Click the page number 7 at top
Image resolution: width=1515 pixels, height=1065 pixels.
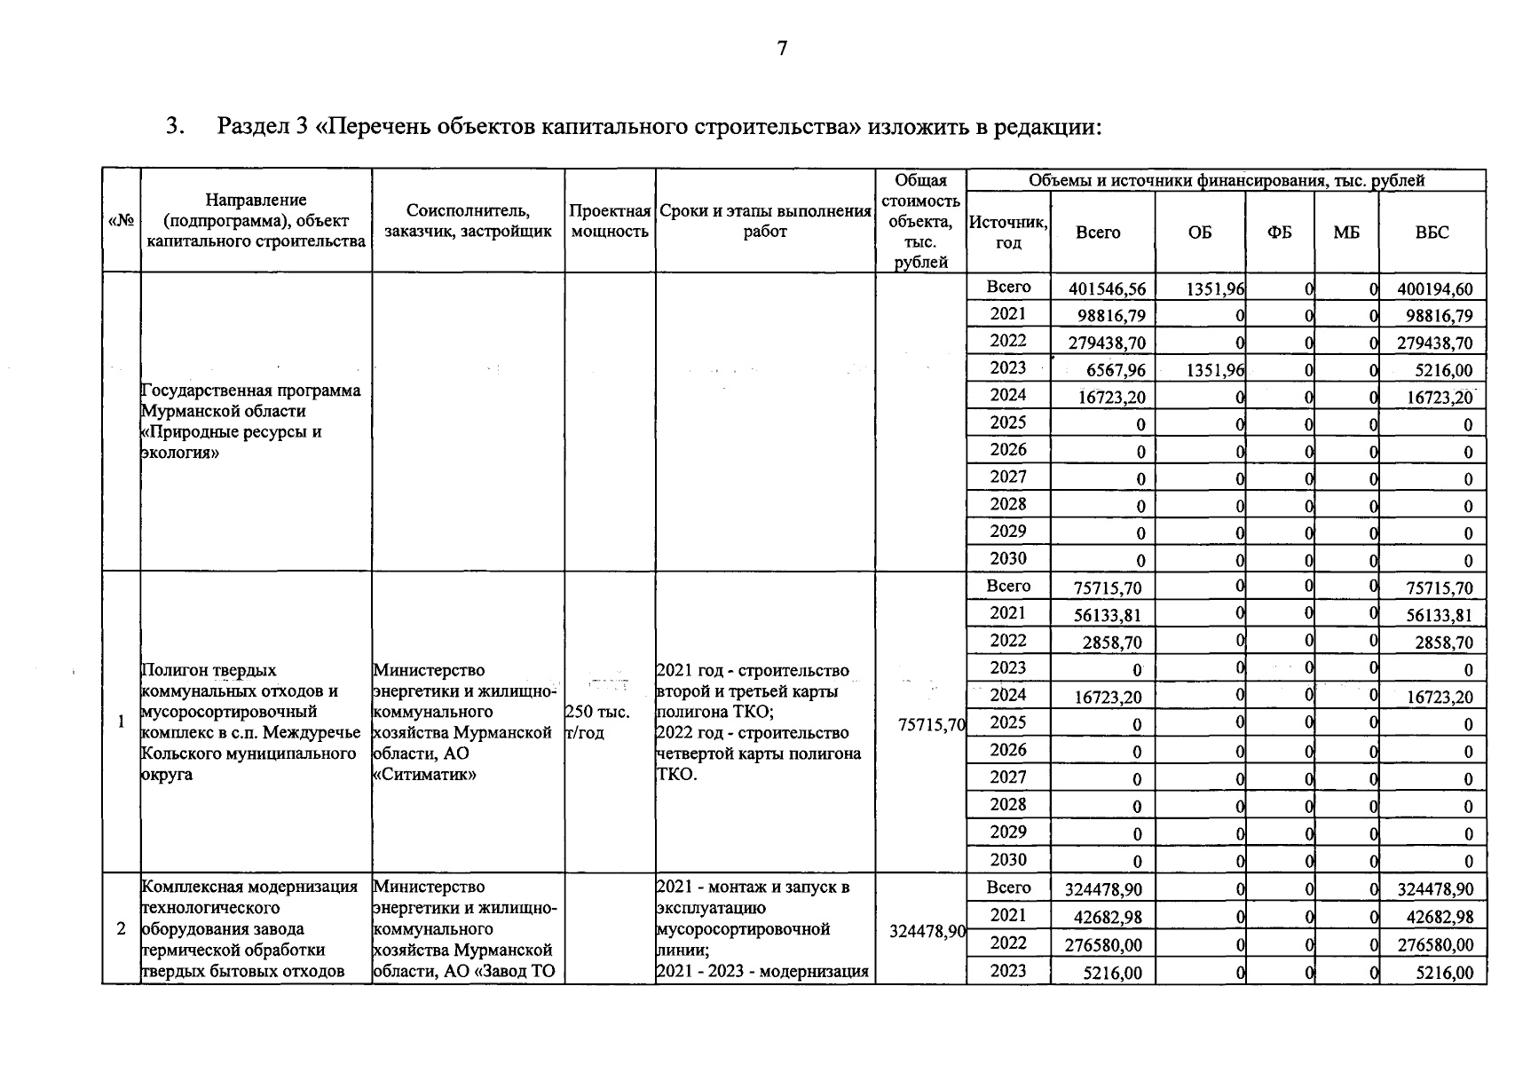click(781, 49)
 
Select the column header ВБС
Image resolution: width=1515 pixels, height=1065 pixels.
click(1432, 233)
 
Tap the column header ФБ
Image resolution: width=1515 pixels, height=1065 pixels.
click(1279, 233)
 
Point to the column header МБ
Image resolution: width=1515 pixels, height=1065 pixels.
click(1345, 233)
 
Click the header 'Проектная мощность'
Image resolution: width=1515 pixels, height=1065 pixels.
click(610, 222)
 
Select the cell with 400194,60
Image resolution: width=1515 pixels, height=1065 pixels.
click(1434, 289)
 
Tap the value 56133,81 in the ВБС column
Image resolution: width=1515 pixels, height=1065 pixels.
click(1438, 616)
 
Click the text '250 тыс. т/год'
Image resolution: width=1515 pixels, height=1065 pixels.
click(596, 722)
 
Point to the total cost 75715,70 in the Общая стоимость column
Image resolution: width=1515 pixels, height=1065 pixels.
click(930, 725)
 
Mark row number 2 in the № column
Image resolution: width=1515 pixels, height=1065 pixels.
click(121, 929)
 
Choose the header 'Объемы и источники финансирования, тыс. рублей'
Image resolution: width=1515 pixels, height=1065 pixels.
click(1226, 181)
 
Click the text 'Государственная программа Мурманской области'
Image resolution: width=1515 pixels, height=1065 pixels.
click(250, 401)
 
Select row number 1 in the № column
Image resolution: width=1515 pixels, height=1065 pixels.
click(121, 722)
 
